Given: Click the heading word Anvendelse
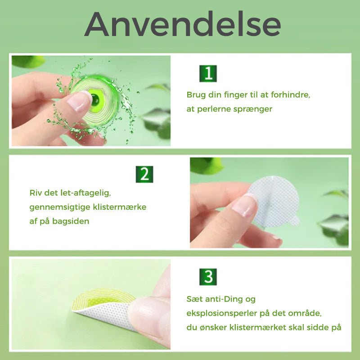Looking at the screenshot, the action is point(183,24).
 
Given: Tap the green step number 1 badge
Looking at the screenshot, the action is point(208,73).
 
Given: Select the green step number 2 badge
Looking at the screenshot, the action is point(144,174).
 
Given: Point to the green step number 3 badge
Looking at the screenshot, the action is point(208,277).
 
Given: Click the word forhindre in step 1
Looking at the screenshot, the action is point(290,95).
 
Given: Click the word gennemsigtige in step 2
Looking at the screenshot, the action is point(60,207).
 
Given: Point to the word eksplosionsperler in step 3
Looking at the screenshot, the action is point(221,314).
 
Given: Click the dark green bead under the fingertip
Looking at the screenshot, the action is point(95,100).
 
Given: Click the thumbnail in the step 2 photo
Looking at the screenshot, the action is point(245,205).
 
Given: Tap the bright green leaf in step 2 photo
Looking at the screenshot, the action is point(207,166).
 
